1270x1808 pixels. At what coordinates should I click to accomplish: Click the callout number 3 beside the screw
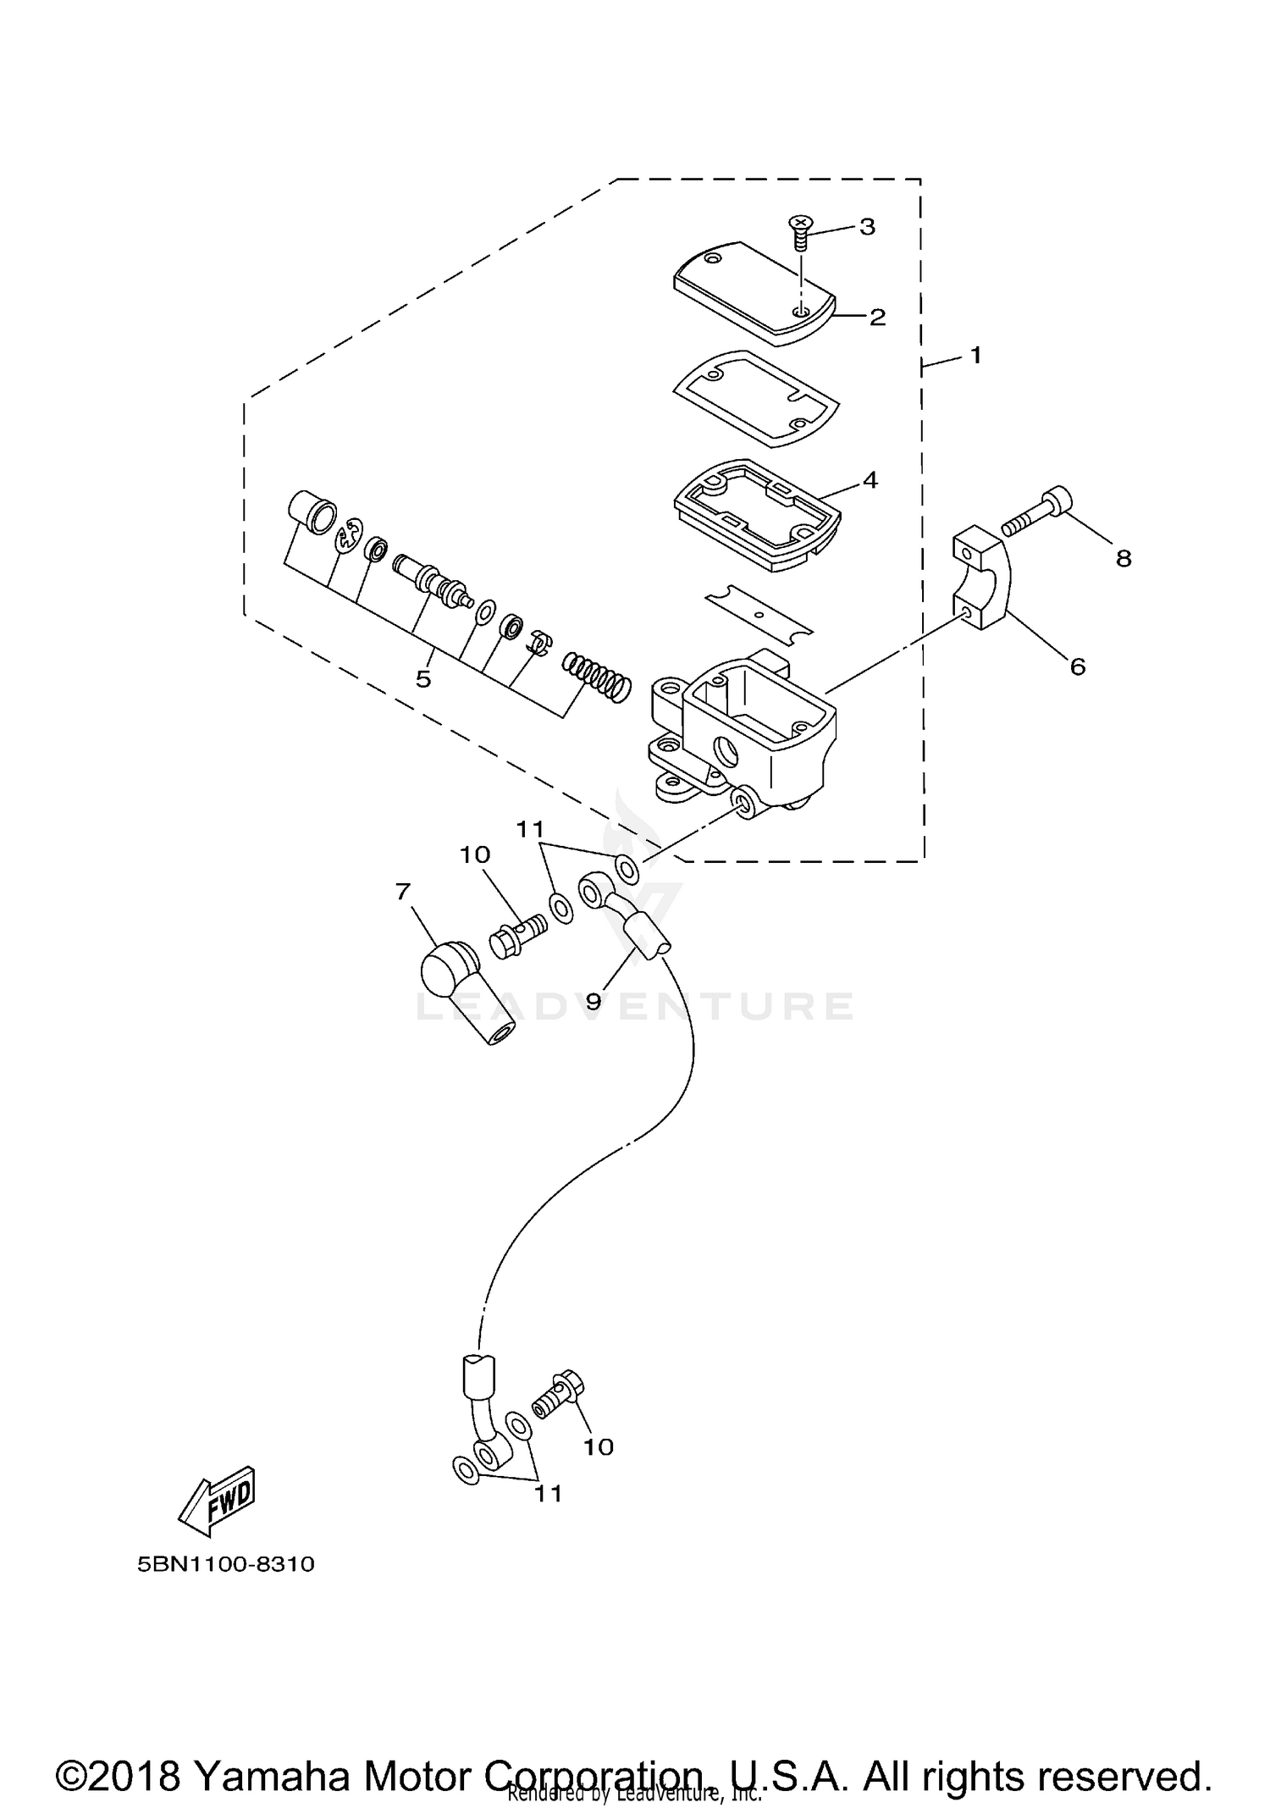[x=866, y=226]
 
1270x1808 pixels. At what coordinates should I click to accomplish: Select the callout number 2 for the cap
[x=876, y=317]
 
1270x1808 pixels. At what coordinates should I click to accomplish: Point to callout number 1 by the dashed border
[x=975, y=355]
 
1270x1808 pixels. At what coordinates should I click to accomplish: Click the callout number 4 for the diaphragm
[x=870, y=480]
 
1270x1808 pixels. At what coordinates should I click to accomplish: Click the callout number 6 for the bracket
[x=1077, y=666]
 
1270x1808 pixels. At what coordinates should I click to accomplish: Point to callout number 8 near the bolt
[x=1124, y=558]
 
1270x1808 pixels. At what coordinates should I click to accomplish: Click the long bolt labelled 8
[x=1037, y=511]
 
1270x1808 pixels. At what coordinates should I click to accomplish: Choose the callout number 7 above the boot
[x=402, y=891]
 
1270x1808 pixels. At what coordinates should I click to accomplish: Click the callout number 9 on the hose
[x=594, y=1000]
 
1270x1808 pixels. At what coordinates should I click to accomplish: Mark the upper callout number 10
[x=475, y=854]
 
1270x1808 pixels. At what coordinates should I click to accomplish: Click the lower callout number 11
[x=548, y=1493]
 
